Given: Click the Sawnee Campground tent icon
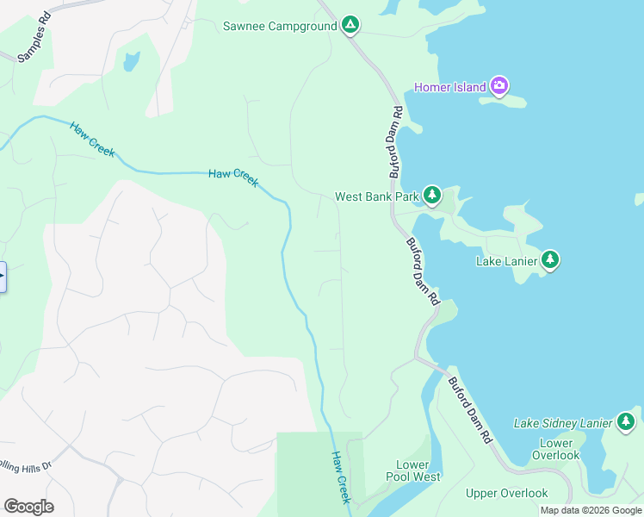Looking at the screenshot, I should point(350,25).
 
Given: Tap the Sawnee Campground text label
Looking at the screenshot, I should point(279,26).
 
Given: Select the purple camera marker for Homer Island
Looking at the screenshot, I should point(499,86).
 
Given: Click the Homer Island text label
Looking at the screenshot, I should point(449,87).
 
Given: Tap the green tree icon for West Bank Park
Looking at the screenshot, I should point(431,196).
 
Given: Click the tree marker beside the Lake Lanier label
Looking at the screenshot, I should point(550,259).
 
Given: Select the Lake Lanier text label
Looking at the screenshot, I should point(507,260).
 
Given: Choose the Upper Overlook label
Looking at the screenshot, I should point(506,493).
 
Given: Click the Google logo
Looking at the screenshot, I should point(28,506).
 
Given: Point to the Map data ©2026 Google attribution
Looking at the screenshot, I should point(591,510).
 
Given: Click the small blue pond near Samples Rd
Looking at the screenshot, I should point(131,61).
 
